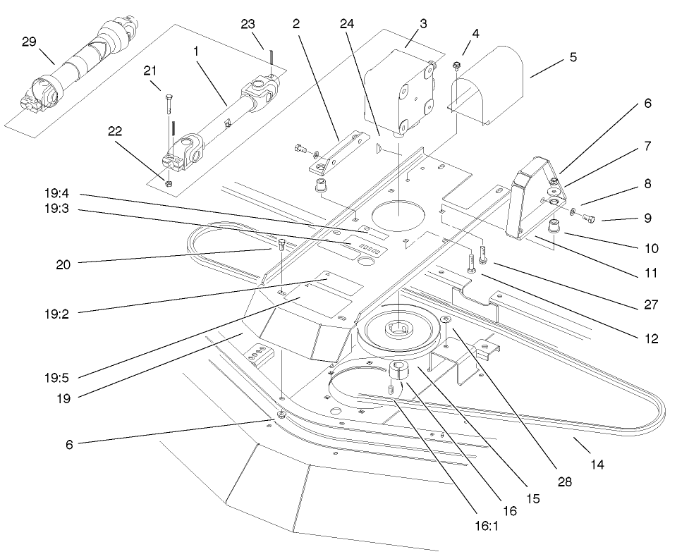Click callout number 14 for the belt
click(x=597, y=465)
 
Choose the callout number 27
click(x=650, y=305)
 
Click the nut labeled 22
click(x=169, y=184)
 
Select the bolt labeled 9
click(x=590, y=219)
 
